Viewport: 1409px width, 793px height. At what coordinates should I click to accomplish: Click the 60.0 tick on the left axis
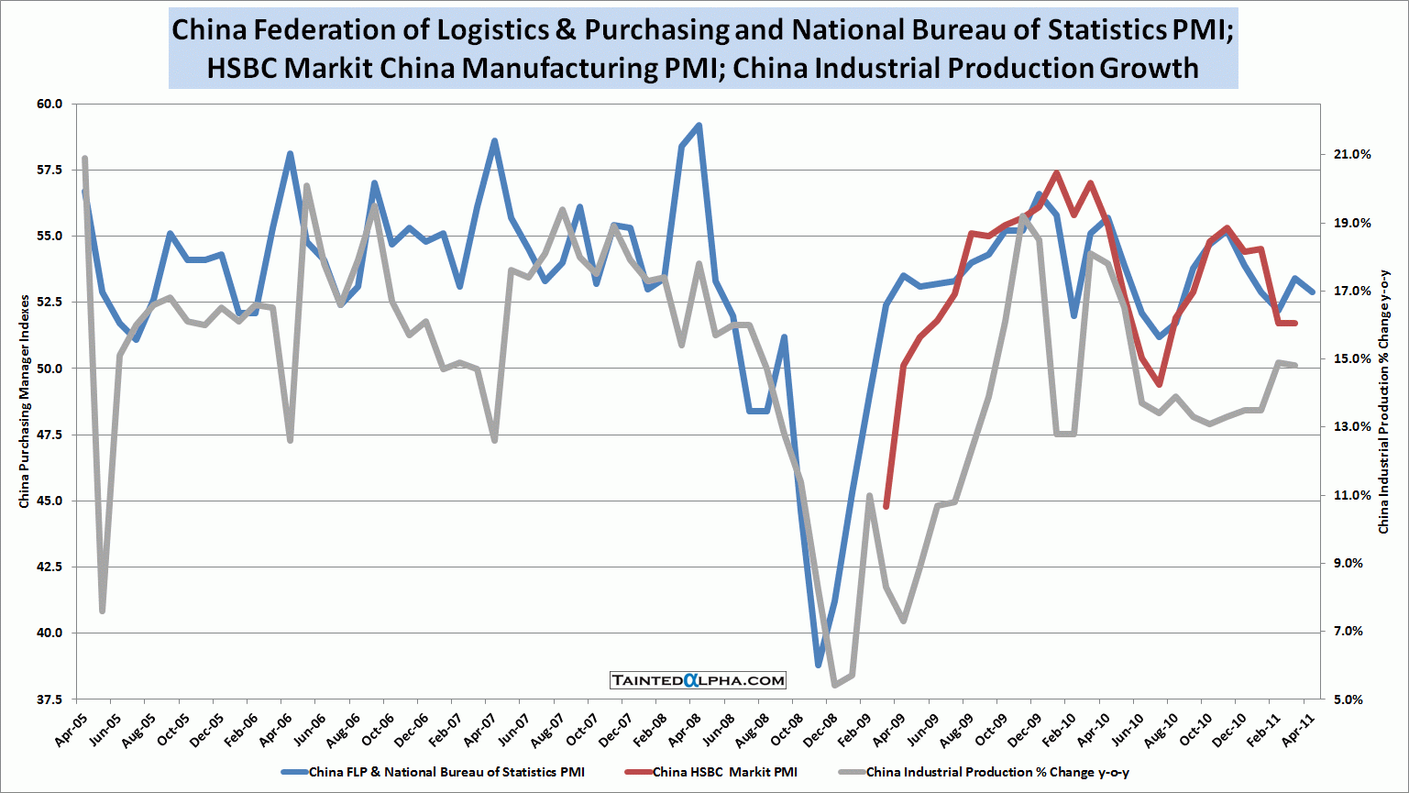(x=49, y=105)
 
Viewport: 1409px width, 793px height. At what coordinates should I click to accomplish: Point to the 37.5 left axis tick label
(x=49, y=699)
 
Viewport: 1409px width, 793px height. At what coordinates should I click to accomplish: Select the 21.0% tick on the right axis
(x=1352, y=155)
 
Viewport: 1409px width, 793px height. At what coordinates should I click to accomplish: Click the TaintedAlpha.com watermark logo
(x=699, y=680)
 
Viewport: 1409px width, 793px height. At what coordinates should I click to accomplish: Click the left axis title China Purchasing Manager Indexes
(x=25, y=402)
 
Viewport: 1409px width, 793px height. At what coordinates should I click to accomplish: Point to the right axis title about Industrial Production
(x=1384, y=402)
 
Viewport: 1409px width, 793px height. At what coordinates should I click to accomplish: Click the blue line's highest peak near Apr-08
(x=699, y=126)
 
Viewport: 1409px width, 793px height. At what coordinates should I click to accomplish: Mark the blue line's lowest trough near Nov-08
(x=819, y=665)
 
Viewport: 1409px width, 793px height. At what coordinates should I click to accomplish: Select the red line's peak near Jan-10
(x=1057, y=172)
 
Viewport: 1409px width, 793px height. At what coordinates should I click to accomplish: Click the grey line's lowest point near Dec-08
(x=835, y=685)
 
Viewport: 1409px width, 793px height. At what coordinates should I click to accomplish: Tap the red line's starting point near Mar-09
(x=886, y=506)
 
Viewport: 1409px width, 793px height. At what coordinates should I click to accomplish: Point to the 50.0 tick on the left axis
(x=49, y=369)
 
